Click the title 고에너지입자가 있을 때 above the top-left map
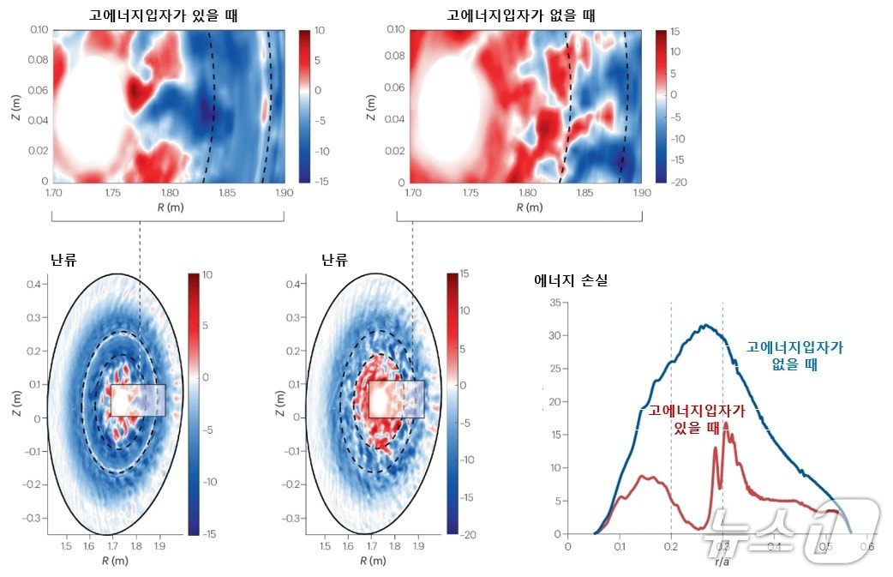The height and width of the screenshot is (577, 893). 164,15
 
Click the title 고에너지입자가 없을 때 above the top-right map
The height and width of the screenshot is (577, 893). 521,15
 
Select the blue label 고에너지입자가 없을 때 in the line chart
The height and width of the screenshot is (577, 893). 795,355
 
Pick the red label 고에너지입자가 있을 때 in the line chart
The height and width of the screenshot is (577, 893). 696,418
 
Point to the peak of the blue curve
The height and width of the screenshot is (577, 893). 704,326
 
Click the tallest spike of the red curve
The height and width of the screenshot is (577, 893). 726,423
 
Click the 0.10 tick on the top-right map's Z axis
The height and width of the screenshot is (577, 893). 395,30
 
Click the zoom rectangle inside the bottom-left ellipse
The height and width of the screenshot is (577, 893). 137,400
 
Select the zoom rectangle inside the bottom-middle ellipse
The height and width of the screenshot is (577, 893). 396,399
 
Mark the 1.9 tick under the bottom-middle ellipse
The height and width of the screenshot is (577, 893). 418,546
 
